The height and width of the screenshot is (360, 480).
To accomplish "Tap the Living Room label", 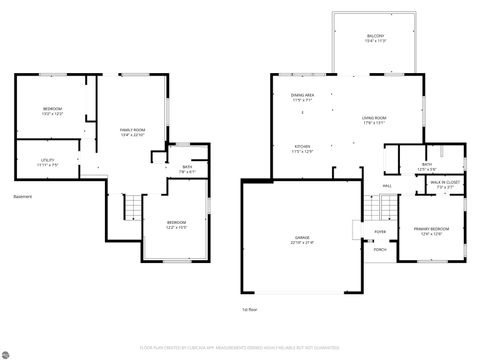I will click(x=374, y=119).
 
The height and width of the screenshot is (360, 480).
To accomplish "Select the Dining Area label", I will click(x=304, y=96).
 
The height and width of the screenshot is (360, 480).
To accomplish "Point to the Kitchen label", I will click(x=302, y=148).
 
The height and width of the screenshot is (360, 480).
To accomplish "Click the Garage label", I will click(x=303, y=239).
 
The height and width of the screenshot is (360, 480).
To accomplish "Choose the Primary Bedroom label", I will click(x=432, y=229).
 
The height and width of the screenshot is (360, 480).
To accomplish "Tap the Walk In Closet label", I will click(x=445, y=183).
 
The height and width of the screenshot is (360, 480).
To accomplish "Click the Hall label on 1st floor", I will click(x=387, y=186).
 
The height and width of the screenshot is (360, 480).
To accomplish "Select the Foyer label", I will click(x=381, y=231).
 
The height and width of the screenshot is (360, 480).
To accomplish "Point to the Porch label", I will click(x=380, y=249).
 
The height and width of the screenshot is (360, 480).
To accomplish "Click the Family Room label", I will click(x=132, y=131).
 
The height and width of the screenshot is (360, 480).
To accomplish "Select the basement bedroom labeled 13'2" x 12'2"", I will click(x=52, y=110).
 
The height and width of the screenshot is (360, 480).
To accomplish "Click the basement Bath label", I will click(x=187, y=168).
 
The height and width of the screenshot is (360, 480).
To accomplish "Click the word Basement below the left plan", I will click(x=23, y=196).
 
